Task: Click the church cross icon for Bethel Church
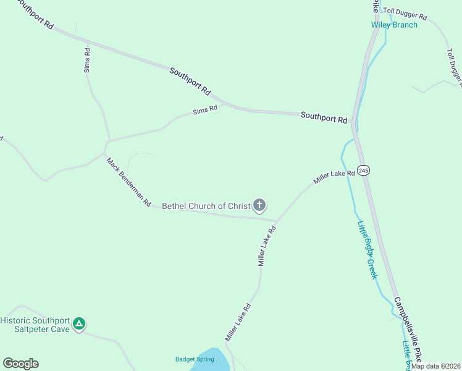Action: pos(259,205)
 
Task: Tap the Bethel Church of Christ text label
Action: pos(206,206)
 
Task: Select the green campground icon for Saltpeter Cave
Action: pos(79,323)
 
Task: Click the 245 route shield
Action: pos(364,170)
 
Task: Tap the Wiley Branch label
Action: pos(394,25)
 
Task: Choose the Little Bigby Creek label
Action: pos(366,250)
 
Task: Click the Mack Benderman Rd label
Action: pos(128,182)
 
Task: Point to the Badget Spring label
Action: pos(194,359)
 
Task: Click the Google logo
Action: pos(20,364)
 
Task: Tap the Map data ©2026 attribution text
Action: pos(436,366)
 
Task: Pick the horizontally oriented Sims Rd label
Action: pos(205,110)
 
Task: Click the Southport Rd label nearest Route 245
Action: pos(324,117)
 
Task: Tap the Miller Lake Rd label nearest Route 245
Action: pos(334,177)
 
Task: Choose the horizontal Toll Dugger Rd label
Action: pos(405,13)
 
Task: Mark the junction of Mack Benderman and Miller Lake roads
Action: pos(275,220)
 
